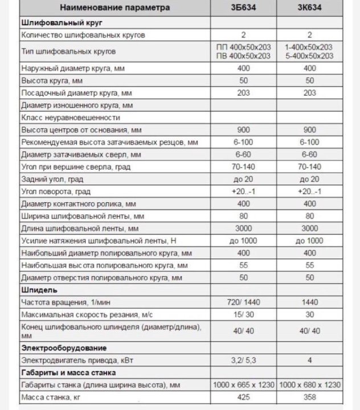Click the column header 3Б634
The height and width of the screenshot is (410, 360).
click(x=243, y=9)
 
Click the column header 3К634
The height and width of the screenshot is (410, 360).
click(x=309, y=9)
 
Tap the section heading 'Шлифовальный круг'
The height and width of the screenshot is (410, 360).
click(x=54, y=22)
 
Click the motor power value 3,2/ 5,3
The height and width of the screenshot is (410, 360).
click(x=243, y=360)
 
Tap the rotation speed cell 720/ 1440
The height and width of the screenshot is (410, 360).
click(x=243, y=302)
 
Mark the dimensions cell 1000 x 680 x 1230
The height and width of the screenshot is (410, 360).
click(x=309, y=386)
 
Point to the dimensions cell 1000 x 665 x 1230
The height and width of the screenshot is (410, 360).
click(x=243, y=386)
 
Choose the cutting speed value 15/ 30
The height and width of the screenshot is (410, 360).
click(x=243, y=315)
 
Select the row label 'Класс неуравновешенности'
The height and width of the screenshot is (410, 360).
click(x=70, y=117)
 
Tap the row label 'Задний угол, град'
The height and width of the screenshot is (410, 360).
click(x=51, y=179)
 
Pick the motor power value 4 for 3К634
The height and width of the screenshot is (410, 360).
click(x=309, y=360)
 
